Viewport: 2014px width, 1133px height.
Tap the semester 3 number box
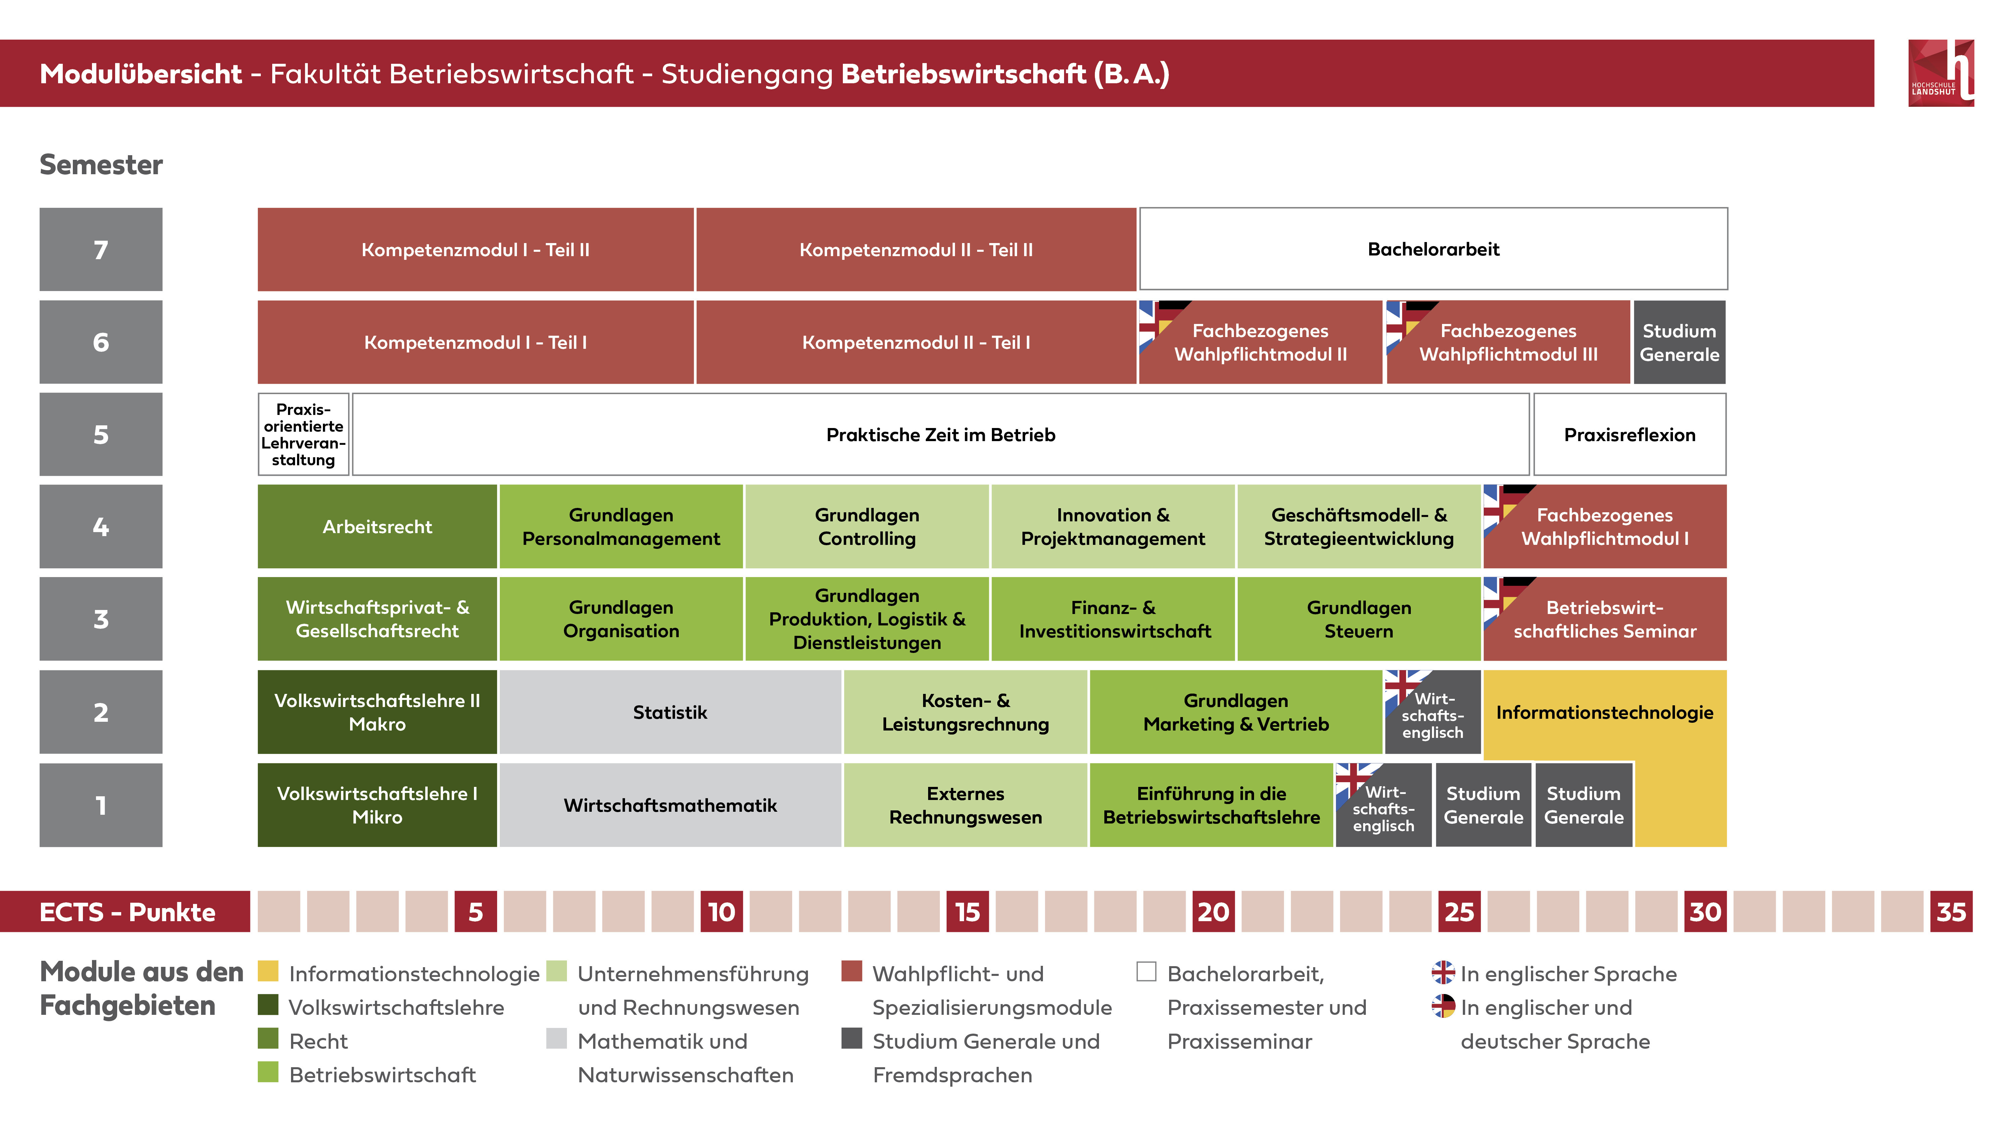point(101,618)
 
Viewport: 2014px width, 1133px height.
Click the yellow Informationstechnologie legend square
point(268,971)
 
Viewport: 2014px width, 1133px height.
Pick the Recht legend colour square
point(268,1038)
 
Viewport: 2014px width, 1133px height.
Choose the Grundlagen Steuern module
point(1359,618)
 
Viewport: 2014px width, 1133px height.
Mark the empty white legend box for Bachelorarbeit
point(1146,971)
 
